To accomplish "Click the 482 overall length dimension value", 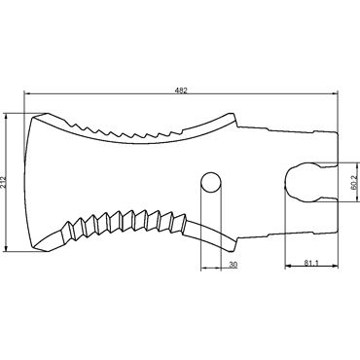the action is pos(181,90).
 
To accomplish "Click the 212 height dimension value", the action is pos(3,183).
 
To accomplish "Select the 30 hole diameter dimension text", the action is pos(233,265).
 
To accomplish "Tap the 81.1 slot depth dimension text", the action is pos(311,263).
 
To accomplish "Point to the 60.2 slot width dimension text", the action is pos(354,182).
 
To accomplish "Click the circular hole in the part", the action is pos(211,182).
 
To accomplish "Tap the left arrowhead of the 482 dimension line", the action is pos(28,93).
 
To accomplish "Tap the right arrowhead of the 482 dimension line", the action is pos(335,93).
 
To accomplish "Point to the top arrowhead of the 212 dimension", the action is pos(6,117).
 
